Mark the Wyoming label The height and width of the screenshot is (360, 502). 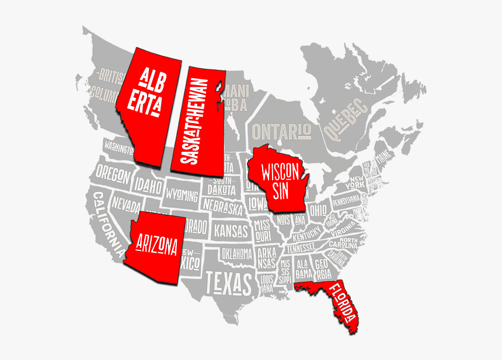182,194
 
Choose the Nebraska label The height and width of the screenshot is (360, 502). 222,207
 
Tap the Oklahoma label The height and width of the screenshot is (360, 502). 236,253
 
